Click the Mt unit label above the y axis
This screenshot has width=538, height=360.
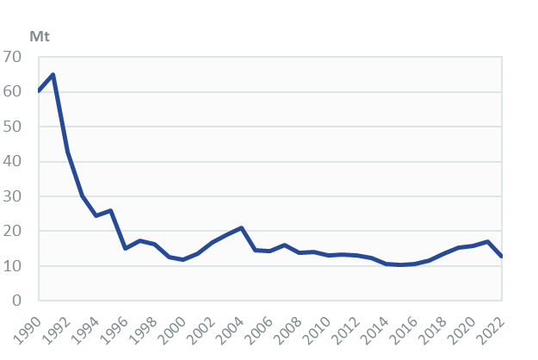coord(40,36)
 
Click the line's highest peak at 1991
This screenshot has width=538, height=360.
coord(53,74)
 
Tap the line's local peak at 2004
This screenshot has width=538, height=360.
coord(242,228)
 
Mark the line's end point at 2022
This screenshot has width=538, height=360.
coord(502,257)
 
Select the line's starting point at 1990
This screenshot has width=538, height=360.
coord(40,90)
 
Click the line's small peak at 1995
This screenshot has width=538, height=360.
coord(111,210)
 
